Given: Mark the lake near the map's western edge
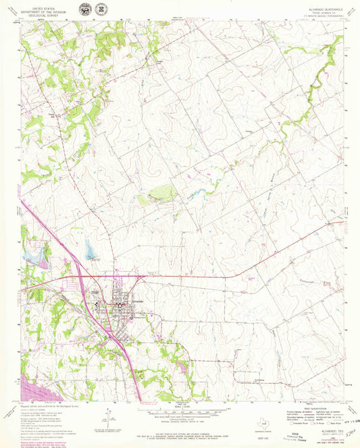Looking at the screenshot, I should tap(34, 254).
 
